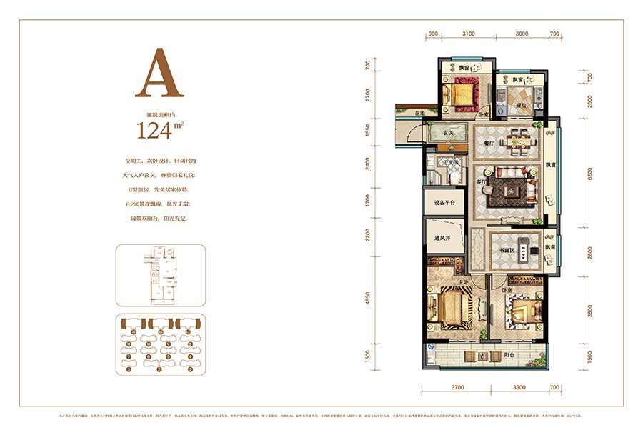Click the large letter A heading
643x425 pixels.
pyautogui.click(x=159, y=74)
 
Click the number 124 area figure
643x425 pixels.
pyautogui.click(x=154, y=129)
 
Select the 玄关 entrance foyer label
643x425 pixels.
pyautogui.click(x=447, y=132)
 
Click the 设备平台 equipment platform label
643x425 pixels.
pyautogui.click(x=444, y=202)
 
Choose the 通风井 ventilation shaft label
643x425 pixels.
pyautogui.click(x=442, y=239)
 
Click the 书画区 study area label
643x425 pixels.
pyautogui.click(x=508, y=250)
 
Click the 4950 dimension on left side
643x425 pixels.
pyautogui.click(x=367, y=298)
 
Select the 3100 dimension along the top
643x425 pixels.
pyautogui.click(x=469, y=34)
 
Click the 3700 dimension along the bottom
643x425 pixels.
pyautogui.click(x=457, y=387)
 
